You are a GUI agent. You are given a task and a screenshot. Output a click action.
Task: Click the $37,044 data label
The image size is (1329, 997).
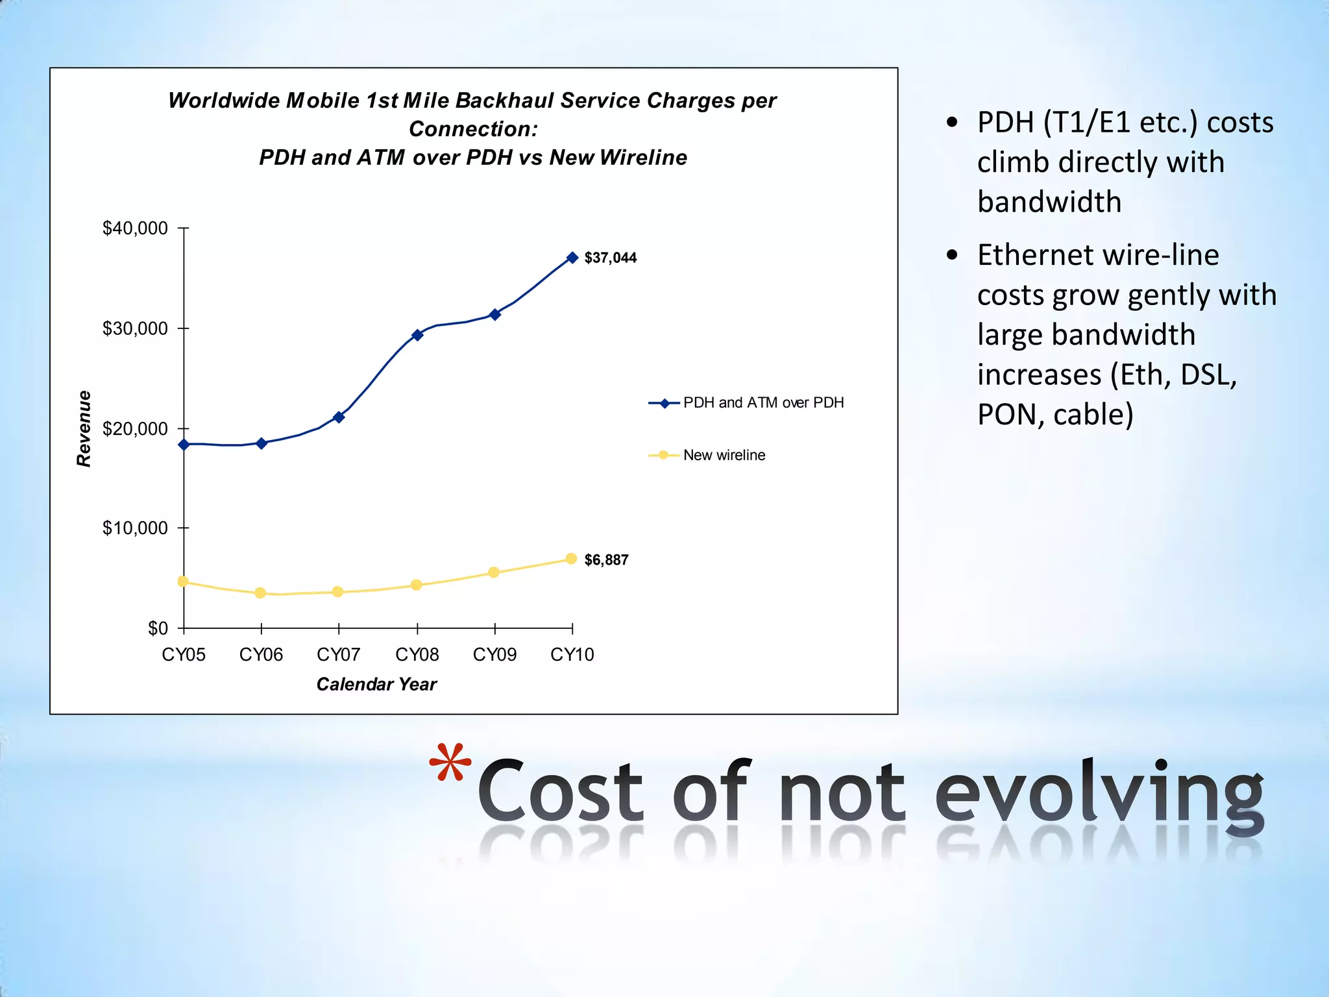(610, 258)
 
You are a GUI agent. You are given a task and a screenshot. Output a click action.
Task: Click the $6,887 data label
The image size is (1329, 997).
(606, 560)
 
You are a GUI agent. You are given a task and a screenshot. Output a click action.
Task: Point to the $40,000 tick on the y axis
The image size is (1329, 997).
(135, 228)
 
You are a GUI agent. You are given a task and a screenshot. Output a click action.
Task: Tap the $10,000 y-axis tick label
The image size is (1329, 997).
(135, 528)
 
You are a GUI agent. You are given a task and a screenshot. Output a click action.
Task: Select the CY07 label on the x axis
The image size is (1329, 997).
(338, 654)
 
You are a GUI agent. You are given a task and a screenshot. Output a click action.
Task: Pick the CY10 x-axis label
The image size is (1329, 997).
(572, 654)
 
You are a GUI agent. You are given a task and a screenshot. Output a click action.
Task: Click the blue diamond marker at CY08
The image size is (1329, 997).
(417, 335)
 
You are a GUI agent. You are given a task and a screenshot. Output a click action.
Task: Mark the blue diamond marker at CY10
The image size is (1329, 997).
(572, 258)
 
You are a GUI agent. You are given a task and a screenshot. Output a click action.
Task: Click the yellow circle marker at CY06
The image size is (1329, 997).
(260, 593)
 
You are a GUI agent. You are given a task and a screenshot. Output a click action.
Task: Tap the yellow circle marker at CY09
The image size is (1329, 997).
(494, 572)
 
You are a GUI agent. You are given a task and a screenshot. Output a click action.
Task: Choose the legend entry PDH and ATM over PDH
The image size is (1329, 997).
(763, 402)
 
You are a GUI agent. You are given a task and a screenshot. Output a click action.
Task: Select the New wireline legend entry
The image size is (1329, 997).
(724, 455)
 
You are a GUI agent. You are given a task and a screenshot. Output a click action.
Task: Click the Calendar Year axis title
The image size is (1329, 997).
(376, 684)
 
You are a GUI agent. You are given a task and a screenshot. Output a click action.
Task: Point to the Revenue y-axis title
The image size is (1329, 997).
(84, 428)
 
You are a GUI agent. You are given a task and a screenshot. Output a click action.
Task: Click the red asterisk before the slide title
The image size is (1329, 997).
(450, 763)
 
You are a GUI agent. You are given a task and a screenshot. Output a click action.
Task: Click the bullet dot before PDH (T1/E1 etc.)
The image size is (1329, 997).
(952, 123)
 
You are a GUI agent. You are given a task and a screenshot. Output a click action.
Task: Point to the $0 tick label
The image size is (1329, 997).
(158, 628)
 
